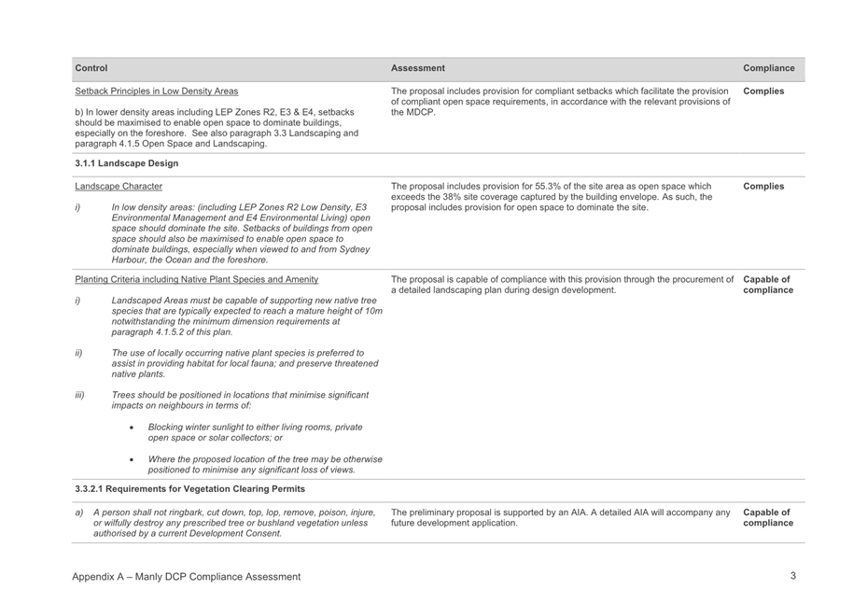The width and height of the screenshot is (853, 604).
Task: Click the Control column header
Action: click(91, 68)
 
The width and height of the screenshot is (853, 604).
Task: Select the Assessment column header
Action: click(418, 68)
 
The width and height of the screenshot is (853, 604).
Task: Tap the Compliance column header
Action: click(769, 68)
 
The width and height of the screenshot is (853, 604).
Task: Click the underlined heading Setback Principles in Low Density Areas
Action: click(156, 91)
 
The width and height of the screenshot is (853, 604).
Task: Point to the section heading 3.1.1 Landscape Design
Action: click(127, 163)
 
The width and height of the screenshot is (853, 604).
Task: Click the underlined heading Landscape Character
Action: click(119, 187)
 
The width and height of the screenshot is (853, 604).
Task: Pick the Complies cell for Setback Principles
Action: click(763, 91)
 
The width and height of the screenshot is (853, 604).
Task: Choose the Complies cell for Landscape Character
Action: click(763, 187)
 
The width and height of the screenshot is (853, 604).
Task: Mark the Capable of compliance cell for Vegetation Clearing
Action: click(768, 517)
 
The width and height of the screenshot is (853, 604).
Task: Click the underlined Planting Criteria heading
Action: click(197, 278)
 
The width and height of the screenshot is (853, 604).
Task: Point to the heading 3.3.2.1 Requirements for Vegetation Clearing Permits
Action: click(189, 488)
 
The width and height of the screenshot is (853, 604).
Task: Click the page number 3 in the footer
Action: click(792, 576)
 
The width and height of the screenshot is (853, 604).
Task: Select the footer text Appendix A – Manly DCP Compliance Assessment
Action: click(187, 577)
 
